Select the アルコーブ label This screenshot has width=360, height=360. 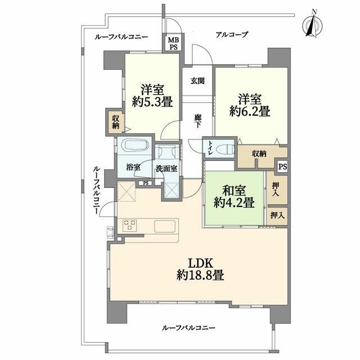[x=232, y=35]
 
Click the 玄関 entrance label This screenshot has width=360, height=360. [x=197, y=81]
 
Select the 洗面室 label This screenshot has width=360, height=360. [x=167, y=168]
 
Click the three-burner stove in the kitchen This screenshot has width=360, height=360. [x=131, y=226]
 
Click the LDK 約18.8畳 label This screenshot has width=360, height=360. [x=201, y=268]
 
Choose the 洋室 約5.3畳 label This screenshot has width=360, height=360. [x=152, y=96]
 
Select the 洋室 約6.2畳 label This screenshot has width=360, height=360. [x=250, y=103]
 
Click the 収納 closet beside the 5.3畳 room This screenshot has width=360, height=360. [x=115, y=121]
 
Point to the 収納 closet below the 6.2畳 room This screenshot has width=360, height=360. [x=259, y=154]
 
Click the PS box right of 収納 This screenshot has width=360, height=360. [x=282, y=166]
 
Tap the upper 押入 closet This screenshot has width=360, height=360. [x=276, y=188]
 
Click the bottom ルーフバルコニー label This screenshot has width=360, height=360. [x=188, y=327]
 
